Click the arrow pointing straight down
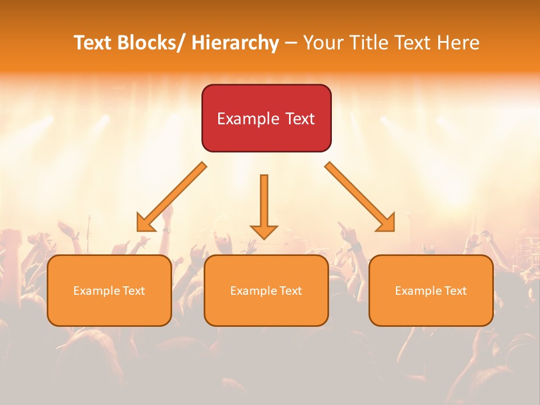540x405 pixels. [x=264, y=206]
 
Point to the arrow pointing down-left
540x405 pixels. [x=172, y=197]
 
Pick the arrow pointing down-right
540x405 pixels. [x=360, y=197]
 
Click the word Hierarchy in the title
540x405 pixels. [x=235, y=43]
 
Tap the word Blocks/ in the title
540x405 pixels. [x=153, y=43]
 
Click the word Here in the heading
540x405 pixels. [x=458, y=43]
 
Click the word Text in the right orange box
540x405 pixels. [x=454, y=291]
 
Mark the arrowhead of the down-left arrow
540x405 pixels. [x=146, y=223]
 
